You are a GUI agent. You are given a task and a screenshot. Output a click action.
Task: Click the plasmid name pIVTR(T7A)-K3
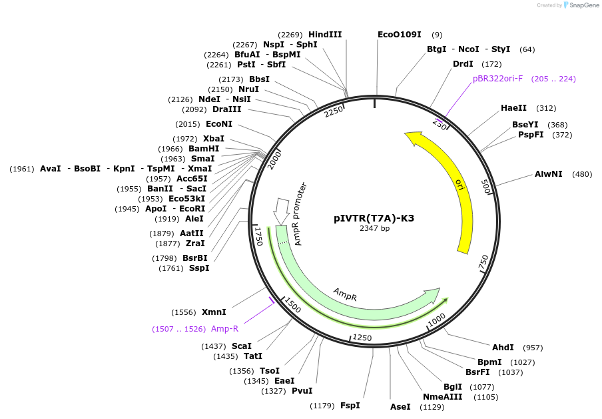374,218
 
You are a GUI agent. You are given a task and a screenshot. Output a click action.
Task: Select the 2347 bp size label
374,229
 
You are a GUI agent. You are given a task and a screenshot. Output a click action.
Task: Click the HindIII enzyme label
325,35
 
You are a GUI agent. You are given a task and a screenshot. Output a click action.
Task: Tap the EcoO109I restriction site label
399,35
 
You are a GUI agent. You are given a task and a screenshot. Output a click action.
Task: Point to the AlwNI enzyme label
548,174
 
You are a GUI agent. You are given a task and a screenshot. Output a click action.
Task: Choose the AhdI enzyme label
503,348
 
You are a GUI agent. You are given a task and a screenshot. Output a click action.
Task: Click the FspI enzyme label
350,406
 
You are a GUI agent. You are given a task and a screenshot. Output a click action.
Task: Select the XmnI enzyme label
214,312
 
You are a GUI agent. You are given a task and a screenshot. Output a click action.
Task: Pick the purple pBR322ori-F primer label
497,79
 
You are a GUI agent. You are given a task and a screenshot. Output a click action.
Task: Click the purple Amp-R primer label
224,329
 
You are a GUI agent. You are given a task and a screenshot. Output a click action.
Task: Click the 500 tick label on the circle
485,186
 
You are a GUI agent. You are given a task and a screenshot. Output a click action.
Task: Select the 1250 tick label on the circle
362,338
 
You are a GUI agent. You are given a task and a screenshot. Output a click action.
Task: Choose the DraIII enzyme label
226,109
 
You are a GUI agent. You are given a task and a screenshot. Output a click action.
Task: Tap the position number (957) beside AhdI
533,348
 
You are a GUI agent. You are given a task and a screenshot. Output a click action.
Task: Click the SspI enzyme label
199,268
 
